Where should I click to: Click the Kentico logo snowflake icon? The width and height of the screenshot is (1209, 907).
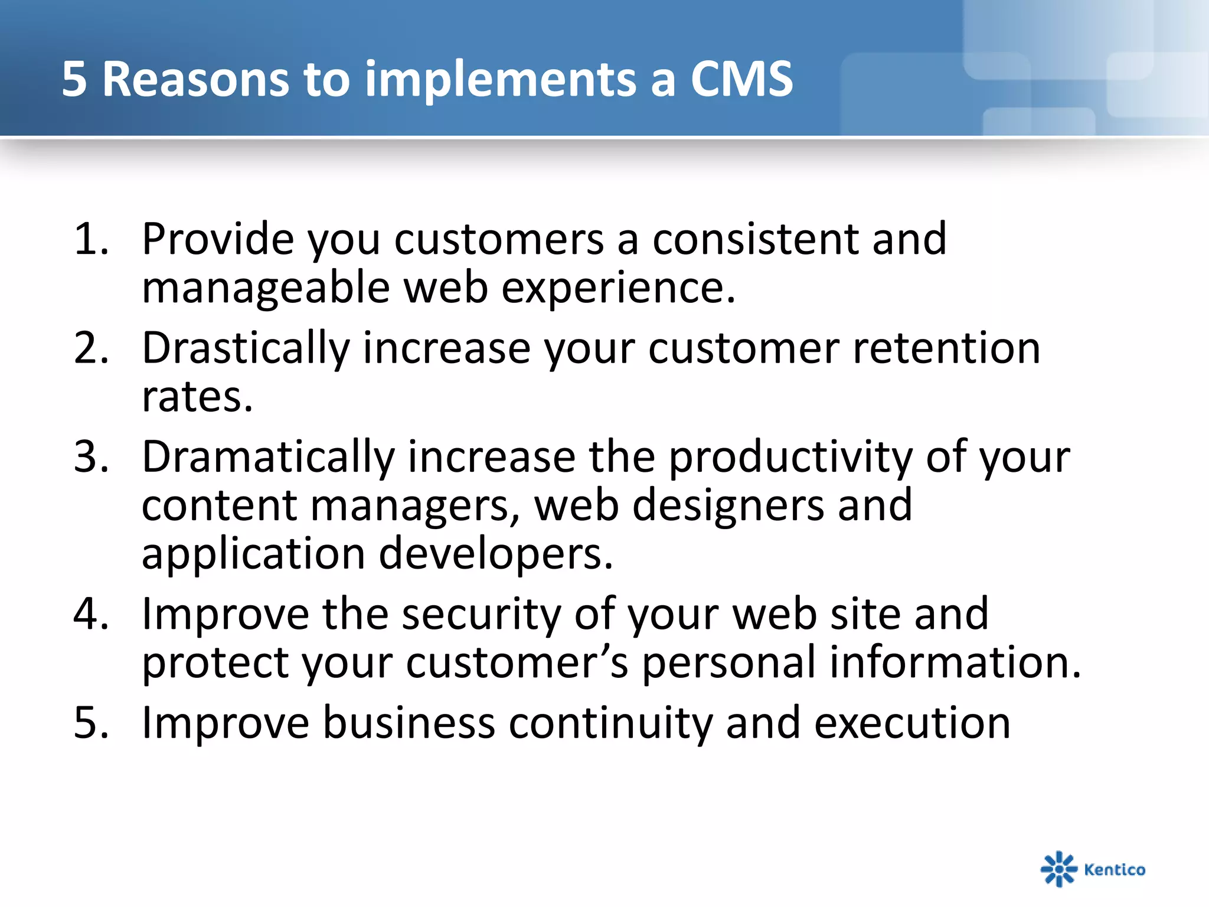pos(1058,869)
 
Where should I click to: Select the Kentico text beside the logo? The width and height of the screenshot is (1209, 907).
pos(1115,869)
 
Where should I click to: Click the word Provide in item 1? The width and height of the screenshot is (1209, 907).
pos(218,239)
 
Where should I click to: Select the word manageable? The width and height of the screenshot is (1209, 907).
pos(266,288)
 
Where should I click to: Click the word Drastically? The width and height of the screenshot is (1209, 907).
pos(246,348)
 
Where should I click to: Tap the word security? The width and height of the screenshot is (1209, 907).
pos(481,614)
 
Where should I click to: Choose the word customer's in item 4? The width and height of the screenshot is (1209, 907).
pos(517,663)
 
